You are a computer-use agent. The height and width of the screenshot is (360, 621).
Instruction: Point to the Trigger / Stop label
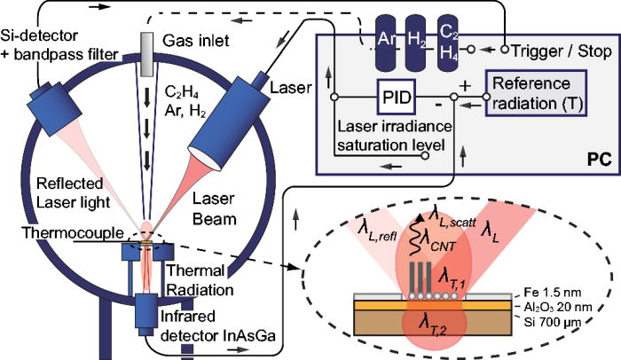point(562,51)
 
